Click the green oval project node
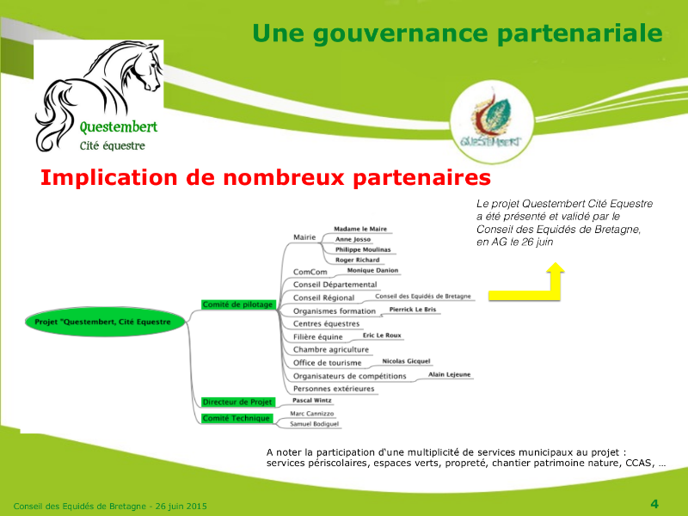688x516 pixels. [104, 322]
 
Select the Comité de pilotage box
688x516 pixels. [238, 304]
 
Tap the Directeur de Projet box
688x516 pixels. [238, 402]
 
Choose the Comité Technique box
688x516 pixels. [236, 419]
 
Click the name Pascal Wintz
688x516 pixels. [312, 400]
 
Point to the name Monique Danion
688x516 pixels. [372, 270]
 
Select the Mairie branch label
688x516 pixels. [304, 237]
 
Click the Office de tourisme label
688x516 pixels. [328, 363]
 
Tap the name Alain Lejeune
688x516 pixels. [449, 374]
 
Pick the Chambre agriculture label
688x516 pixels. [331, 350]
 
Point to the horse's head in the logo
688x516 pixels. [148, 66]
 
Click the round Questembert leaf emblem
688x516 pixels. [492, 121]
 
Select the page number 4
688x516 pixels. [654, 504]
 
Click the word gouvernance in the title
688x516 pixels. [402, 34]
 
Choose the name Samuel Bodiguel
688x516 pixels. [314, 424]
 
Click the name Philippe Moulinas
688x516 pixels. [363, 249]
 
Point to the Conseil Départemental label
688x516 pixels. [335, 285]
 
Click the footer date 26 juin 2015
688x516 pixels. [181, 507]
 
